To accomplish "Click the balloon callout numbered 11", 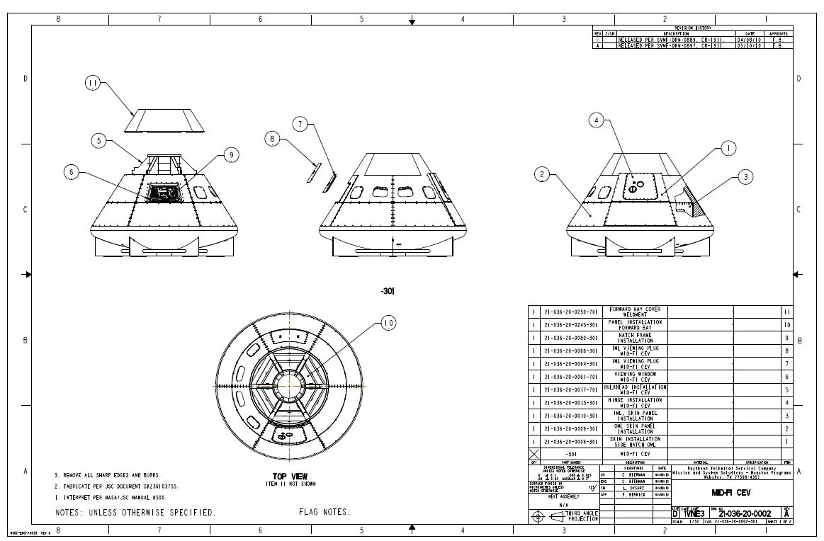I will tap(93, 84).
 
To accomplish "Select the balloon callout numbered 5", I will tap(100, 141).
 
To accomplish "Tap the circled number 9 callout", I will tap(231, 156).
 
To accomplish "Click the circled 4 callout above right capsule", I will tap(597, 121).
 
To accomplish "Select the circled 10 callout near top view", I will tap(388, 324).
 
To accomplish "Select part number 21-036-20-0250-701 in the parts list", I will tap(571, 312).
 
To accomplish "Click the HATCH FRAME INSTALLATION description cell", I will tap(636, 338).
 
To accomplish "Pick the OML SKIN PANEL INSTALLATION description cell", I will tap(636, 428).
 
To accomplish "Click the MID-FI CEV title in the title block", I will tap(730, 493).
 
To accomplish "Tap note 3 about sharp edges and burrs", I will tap(108, 475).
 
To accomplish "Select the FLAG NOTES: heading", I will tap(324, 512).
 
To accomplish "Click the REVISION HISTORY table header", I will tap(693, 28).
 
